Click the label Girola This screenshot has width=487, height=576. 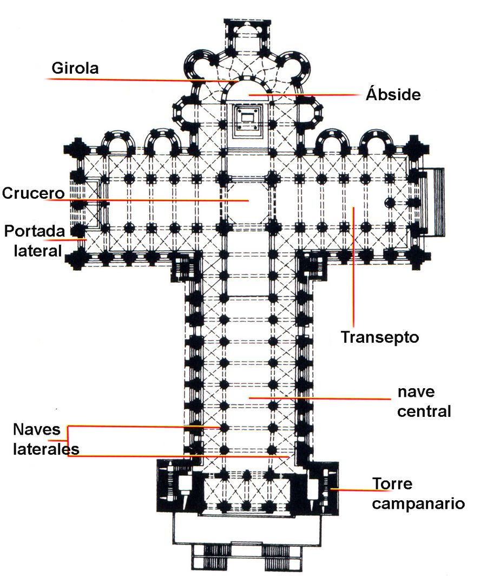click(x=75, y=68)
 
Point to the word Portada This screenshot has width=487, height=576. click(x=35, y=231)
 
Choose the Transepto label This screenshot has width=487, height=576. click(x=380, y=337)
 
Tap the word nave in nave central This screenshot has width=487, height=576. click(x=417, y=391)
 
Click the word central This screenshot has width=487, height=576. click(x=424, y=411)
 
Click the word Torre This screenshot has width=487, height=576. click(x=392, y=483)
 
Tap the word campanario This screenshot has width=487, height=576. click(x=418, y=503)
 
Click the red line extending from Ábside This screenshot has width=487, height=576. click(x=303, y=95)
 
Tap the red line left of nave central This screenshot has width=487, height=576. click(x=319, y=398)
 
